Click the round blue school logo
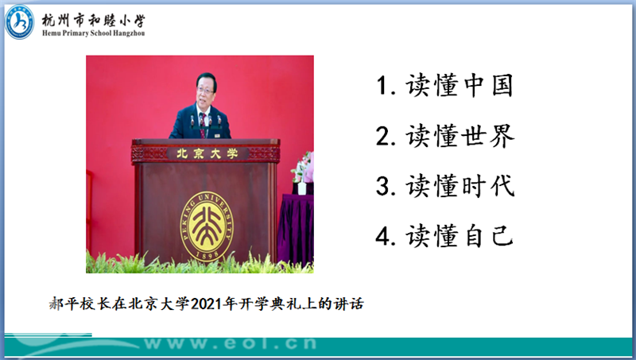pos(19,22)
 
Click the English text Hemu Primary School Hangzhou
pos(93,33)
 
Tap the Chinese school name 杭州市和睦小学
pos(93,21)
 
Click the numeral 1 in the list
pos(382,86)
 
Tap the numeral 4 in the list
pos(382,236)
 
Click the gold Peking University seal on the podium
pos(207,227)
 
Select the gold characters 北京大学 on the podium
pos(207,153)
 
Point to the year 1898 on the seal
pos(207,255)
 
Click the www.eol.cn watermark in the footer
pos(230,344)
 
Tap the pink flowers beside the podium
pos(304,167)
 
